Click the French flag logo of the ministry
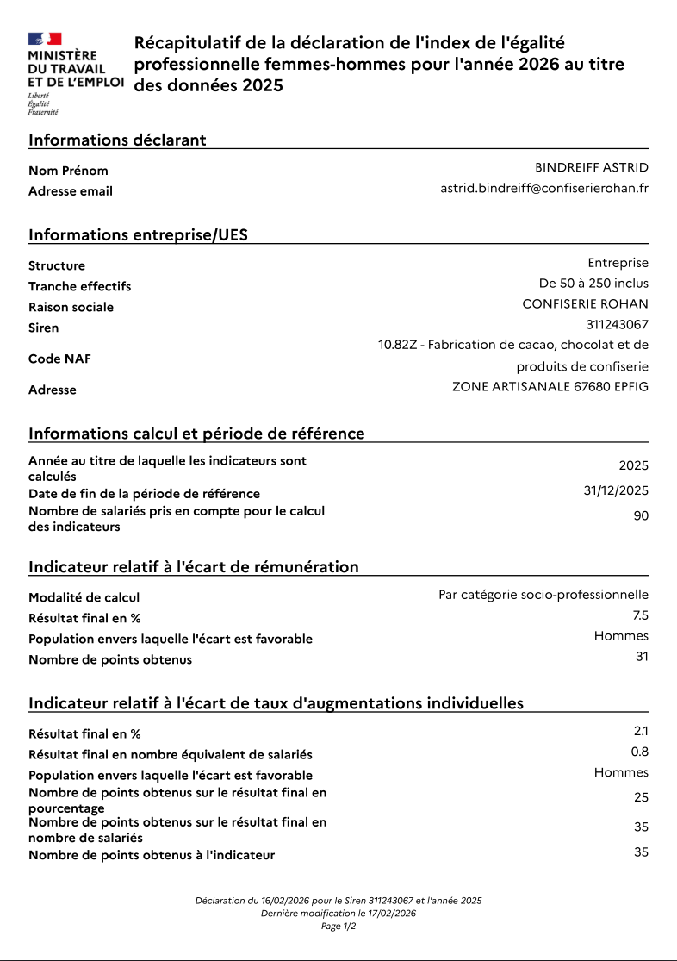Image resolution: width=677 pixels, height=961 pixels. (45, 39)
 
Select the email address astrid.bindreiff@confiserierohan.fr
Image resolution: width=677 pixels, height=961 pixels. (544, 188)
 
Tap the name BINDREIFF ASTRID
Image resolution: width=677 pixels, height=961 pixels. (592, 167)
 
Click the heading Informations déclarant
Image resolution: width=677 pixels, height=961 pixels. (117, 140)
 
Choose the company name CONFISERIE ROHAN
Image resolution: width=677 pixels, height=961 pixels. (585, 303)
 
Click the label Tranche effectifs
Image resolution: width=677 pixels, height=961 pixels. (79, 286)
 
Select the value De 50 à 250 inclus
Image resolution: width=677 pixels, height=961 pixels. (593, 283)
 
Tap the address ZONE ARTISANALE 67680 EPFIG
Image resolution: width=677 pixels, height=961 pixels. (550, 386)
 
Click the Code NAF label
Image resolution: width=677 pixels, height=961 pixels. (59, 359)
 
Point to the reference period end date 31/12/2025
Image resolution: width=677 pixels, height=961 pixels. (616, 490)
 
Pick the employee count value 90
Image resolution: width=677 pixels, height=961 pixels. (641, 515)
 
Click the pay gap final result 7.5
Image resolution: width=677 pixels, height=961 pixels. (640, 615)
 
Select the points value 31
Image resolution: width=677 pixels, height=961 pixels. (641, 657)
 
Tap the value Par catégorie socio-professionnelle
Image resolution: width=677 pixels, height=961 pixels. (543, 595)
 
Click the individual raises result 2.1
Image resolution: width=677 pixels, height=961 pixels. (641, 731)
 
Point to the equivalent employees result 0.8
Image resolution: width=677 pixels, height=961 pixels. (640, 752)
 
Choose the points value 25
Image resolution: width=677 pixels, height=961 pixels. (641, 797)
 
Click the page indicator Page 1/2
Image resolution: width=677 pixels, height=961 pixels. (338, 927)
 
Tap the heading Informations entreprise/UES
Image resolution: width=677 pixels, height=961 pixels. (138, 234)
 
